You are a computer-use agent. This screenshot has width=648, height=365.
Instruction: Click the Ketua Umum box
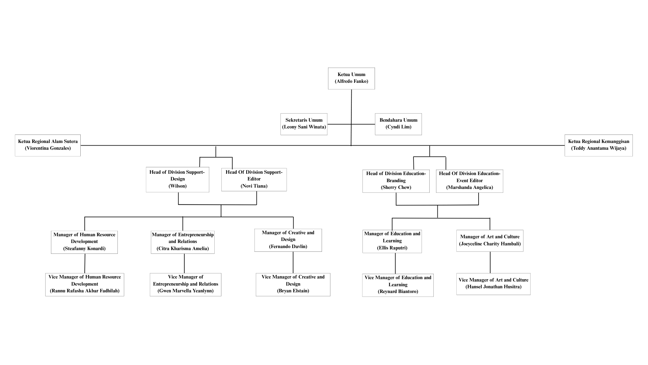[x=351, y=78]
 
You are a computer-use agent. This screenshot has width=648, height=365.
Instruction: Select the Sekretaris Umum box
[x=304, y=124]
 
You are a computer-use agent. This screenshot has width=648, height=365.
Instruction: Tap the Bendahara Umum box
[x=398, y=124]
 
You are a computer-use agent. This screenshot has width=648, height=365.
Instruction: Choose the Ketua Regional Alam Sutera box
[x=48, y=145]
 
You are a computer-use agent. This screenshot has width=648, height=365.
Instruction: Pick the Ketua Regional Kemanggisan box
[x=598, y=145]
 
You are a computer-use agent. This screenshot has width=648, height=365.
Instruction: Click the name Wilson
[x=178, y=186]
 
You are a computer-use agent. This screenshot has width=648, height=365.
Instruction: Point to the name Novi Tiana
[x=254, y=186]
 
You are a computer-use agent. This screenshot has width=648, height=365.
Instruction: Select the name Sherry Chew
[x=396, y=187]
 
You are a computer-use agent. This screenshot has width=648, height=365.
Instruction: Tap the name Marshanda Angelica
[x=469, y=187]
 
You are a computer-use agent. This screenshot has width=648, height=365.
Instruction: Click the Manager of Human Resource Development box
[x=84, y=242]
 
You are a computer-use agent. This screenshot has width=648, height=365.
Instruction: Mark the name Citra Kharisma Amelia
[x=183, y=248]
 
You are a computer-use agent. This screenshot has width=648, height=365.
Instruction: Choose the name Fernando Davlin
[x=288, y=246]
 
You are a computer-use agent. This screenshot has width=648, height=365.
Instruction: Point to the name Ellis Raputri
[x=392, y=248]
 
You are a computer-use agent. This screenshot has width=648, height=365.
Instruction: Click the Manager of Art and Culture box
[x=490, y=241]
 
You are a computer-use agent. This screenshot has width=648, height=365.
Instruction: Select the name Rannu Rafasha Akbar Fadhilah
[x=85, y=291]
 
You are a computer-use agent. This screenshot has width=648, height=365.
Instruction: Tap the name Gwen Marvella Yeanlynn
[x=186, y=291]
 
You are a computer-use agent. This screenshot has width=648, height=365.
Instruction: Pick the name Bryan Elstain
[x=293, y=291]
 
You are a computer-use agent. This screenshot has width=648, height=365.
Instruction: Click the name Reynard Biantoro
[x=398, y=291]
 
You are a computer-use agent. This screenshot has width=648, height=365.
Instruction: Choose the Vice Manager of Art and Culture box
[x=493, y=284]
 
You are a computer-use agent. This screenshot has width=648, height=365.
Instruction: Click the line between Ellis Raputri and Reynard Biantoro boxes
[x=395, y=263]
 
